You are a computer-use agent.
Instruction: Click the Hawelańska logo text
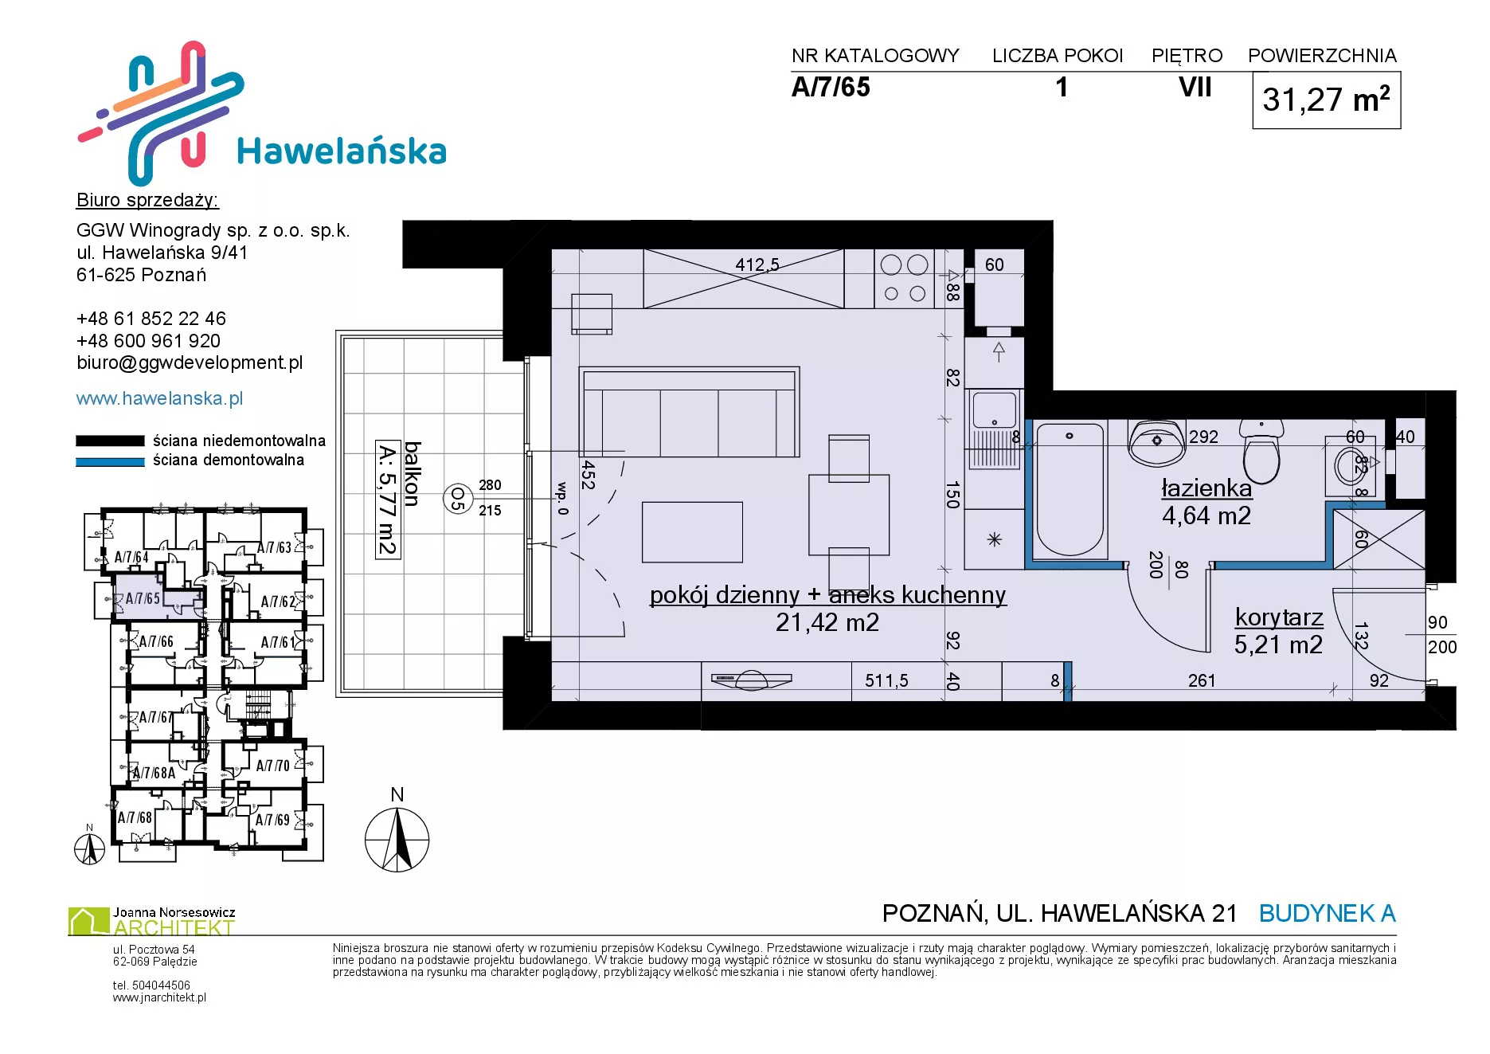(342, 151)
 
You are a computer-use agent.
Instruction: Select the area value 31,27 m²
(1326, 100)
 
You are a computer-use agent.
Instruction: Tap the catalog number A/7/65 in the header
(831, 87)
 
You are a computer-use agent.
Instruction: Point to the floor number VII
(1195, 87)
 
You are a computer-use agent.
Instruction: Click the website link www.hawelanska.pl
(159, 398)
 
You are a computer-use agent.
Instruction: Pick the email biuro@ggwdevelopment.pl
(190, 362)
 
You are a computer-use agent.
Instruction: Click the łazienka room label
(1206, 488)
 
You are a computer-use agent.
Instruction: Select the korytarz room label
(1279, 617)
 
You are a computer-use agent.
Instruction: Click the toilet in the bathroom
(1261, 454)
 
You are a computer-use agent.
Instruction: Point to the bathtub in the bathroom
(1070, 488)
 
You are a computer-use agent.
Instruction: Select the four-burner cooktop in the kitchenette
(904, 279)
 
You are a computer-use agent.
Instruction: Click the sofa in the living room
(689, 412)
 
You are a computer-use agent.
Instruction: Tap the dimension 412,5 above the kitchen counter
(757, 264)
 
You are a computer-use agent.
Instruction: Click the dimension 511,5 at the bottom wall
(886, 680)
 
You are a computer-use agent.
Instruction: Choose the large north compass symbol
(397, 839)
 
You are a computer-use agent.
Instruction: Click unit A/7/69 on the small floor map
(272, 820)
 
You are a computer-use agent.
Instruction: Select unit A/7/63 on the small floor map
(274, 547)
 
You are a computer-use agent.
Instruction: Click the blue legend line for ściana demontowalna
(110, 461)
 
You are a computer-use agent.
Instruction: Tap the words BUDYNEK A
(1327, 913)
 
